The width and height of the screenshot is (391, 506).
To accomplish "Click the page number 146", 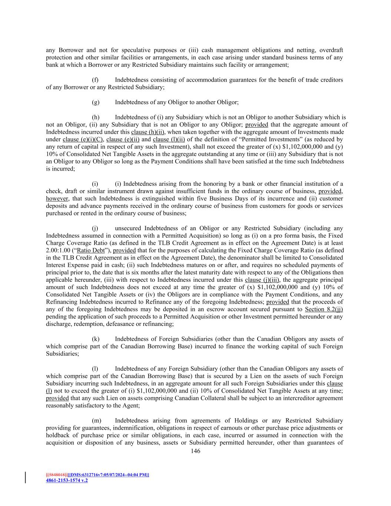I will [x=195, y=451].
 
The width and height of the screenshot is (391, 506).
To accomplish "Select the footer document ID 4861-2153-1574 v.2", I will [x=67, y=480].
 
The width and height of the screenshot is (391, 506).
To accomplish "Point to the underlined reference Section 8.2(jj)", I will [x=324, y=309].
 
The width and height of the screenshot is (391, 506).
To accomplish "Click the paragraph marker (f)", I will [x=95, y=80].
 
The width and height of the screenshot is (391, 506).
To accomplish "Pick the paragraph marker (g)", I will [x=96, y=102].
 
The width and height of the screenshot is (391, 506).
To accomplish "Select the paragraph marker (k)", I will [x=96, y=339].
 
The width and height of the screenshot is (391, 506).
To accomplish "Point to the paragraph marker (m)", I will [x=96, y=420].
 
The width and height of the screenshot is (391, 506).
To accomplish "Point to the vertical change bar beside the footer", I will [x=26, y=477].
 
